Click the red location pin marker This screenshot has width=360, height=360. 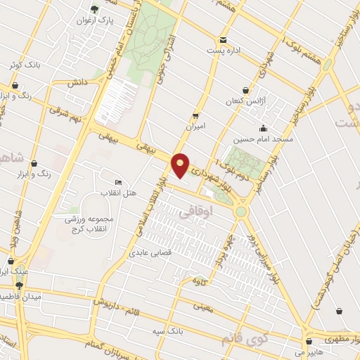(x=181, y=165)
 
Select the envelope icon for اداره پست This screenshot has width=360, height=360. (x=224, y=39)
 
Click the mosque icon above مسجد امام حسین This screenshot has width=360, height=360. (x=263, y=128)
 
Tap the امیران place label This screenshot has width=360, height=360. (x=195, y=127)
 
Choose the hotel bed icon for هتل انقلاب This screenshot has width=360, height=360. (x=117, y=182)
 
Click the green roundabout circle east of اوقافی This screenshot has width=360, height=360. (x=242, y=211)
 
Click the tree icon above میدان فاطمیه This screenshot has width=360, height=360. (x=19, y=285)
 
